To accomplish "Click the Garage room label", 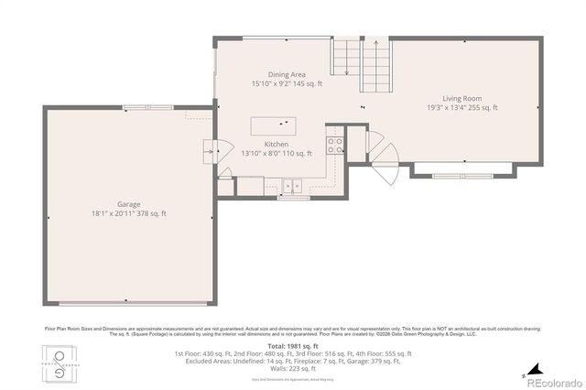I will point(128,205).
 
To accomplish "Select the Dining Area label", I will point(286,74).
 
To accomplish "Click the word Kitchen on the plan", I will point(277,145).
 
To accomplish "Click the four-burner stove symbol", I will point(335,144).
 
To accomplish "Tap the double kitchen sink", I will point(293,187).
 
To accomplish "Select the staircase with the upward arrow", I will point(375,60).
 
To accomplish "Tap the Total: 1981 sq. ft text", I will point(293,346).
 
